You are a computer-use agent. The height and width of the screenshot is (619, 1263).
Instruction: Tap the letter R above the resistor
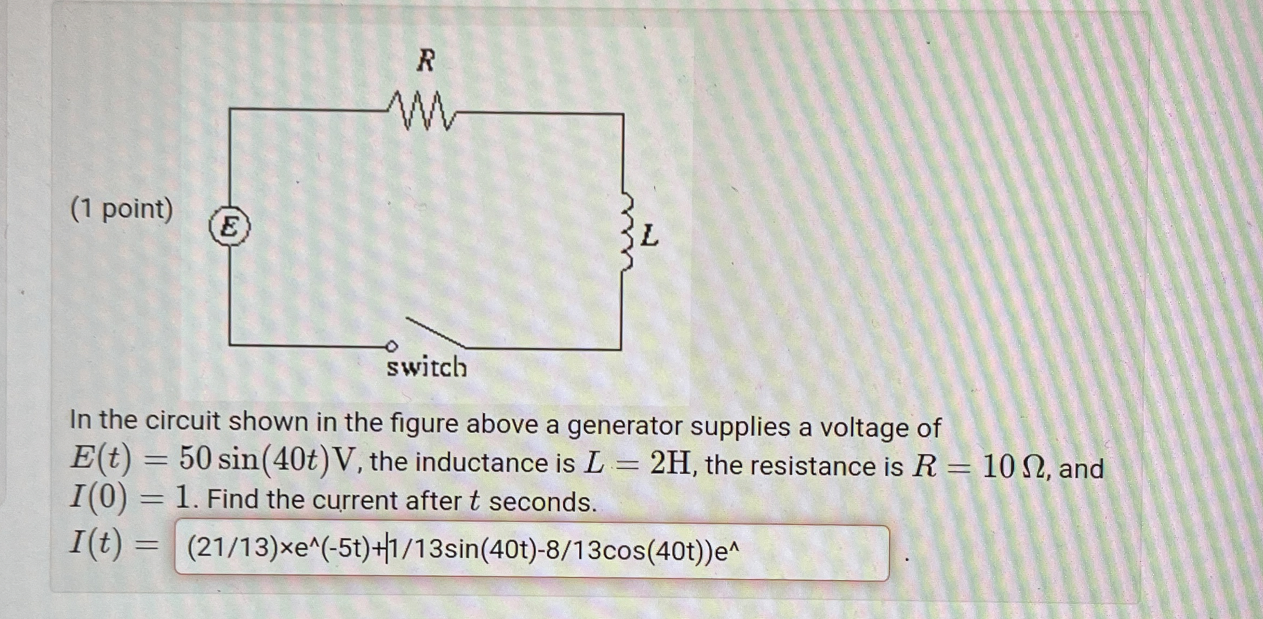(426, 60)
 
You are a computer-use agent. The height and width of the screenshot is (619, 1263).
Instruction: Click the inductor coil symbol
(628, 232)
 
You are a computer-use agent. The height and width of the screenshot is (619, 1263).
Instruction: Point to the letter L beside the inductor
(650, 236)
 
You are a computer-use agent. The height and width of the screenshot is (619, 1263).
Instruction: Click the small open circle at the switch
(392, 346)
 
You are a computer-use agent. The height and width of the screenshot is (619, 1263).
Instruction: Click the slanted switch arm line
(435, 332)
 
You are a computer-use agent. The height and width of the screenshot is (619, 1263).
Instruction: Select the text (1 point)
(122, 209)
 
